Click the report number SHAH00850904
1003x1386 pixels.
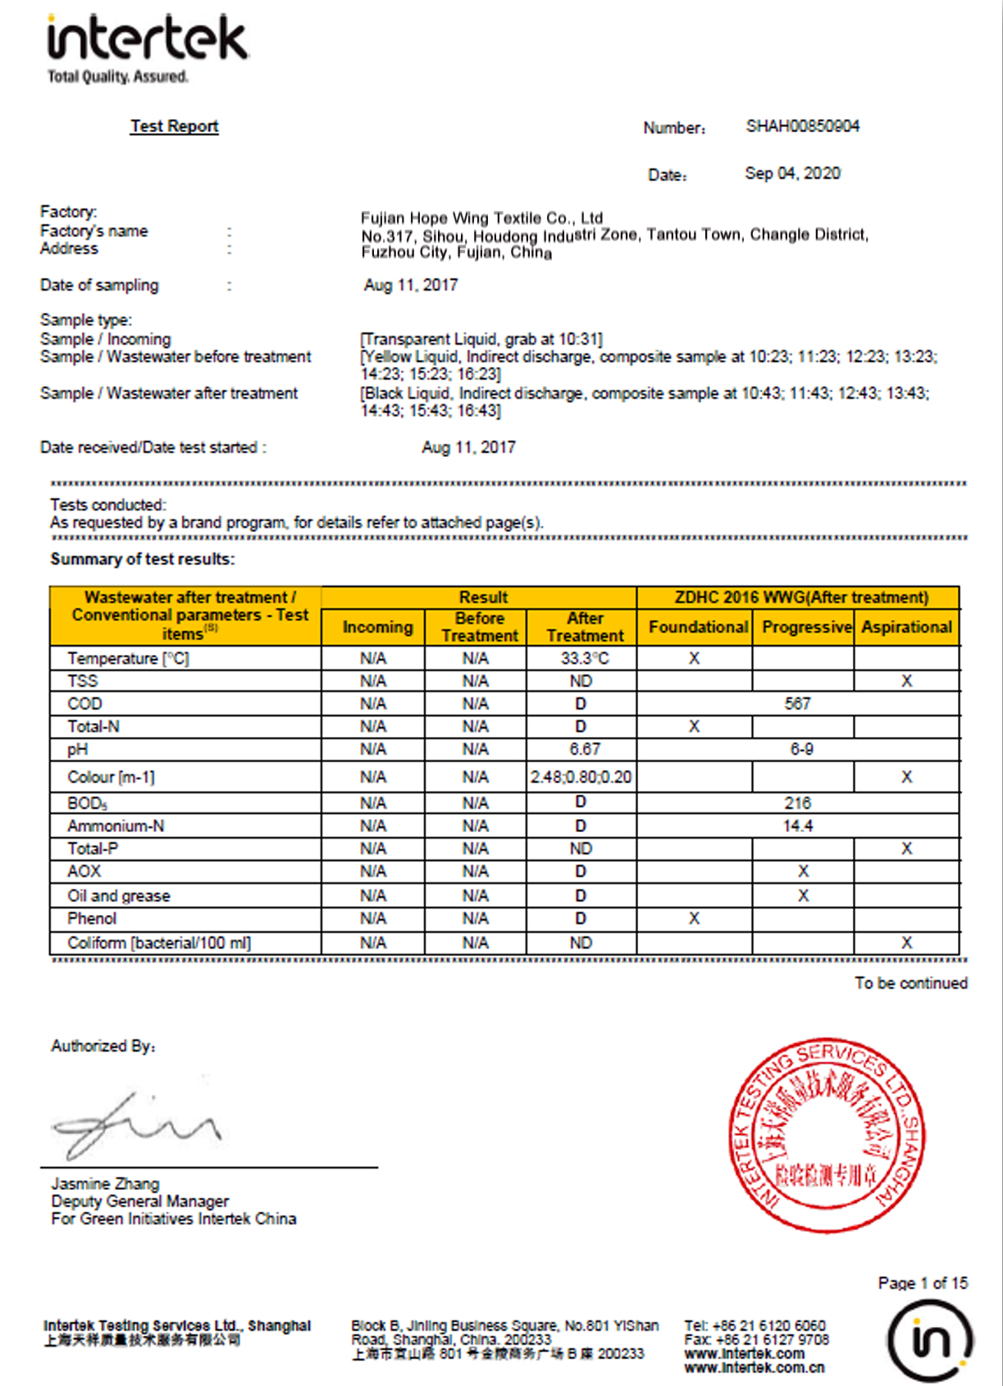pos(802,126)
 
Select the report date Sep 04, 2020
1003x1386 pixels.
pos(792,173)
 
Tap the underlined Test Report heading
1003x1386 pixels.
pos(174,126)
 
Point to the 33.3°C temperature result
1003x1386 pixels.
pos(584,658)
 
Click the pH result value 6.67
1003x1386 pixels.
pos(584,749)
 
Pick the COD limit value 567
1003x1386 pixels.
pos(797,703)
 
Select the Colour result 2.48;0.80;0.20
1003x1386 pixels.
pos(581,776)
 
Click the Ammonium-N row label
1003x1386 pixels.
pos(116,826)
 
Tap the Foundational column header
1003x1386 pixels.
pos(698,627)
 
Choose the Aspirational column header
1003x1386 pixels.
pos(906,627)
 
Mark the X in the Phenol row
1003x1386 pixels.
pos(694,918)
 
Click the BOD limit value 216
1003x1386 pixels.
pos(797,803)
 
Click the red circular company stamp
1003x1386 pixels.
pos(827,1134)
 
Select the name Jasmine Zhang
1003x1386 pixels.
pos(105,1183)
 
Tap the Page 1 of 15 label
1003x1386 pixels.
pos(923,1283)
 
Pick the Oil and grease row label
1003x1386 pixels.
pos(119,895)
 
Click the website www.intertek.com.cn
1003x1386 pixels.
pos(755,1367)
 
